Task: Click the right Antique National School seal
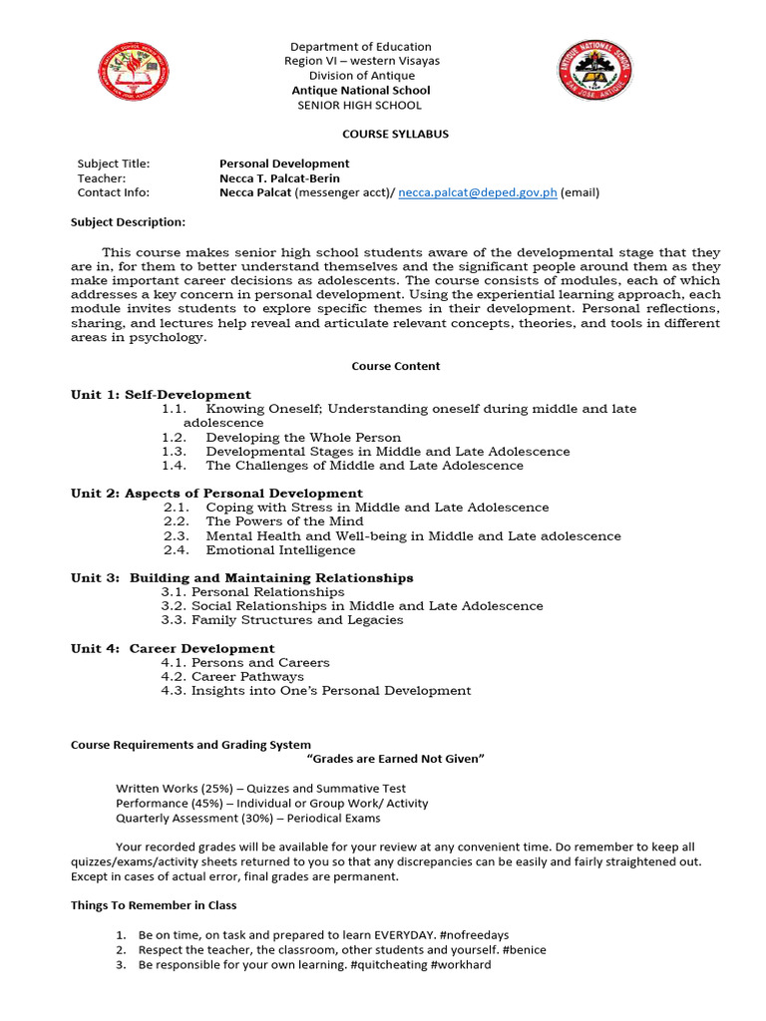594,70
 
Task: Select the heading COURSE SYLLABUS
382,134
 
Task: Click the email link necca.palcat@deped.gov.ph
477,193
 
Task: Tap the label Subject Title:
114,164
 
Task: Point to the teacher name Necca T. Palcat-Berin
279,178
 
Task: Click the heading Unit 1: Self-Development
161,395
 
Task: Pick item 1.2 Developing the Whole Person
281,438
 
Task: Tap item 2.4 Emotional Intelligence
259,550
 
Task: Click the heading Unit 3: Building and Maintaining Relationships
241,578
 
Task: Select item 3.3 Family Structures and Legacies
281,620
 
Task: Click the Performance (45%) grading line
271,804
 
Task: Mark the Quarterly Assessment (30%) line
247,819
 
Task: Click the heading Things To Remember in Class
153,905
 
